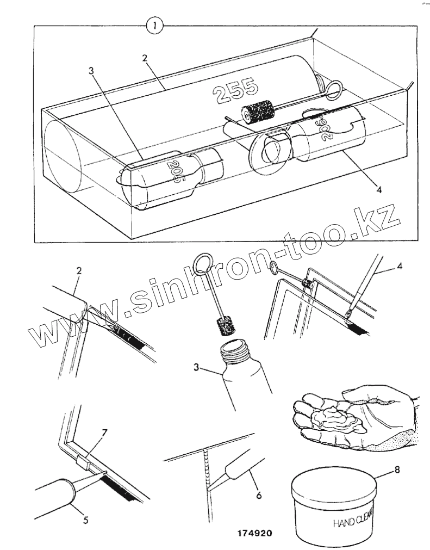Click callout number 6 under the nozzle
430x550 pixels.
click(x=259, y=495)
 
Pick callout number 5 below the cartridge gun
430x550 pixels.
click(x=85, y=519)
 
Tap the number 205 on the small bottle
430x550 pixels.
click(x=173, y=171)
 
